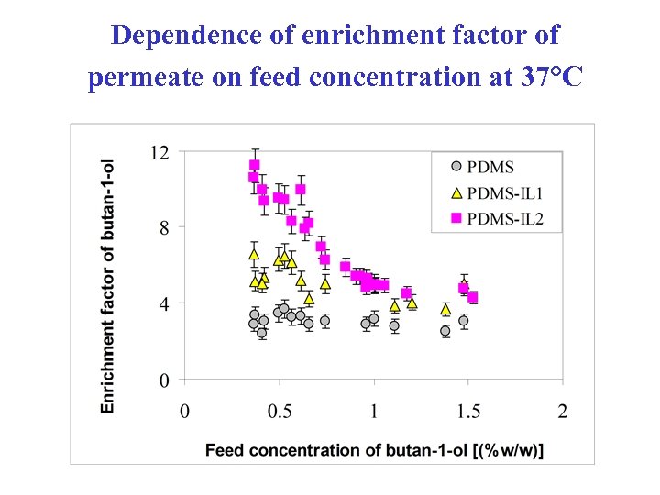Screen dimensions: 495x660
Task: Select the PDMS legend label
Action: pos(490,168)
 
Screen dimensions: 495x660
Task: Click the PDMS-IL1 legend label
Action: pos(505,192)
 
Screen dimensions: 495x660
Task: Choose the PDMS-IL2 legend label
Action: pos(505,218)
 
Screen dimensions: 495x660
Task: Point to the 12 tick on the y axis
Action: pos(159,152)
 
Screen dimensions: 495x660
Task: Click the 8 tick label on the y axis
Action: pos(163,227)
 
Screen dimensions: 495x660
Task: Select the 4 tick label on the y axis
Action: pos(163,303)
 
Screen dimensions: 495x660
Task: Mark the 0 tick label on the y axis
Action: pos(163,379)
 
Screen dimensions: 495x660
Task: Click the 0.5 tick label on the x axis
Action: pos(280,411)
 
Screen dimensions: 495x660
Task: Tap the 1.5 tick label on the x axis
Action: pos(468,411)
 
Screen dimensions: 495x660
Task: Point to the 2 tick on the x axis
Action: pos(563,411)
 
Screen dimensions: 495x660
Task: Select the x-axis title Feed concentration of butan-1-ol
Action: pos(374,450)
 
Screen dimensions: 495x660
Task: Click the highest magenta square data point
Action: pos(255,166)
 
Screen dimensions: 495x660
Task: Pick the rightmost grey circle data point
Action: pos(464,321)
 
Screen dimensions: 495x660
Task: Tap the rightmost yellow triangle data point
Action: pos(445,309)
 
